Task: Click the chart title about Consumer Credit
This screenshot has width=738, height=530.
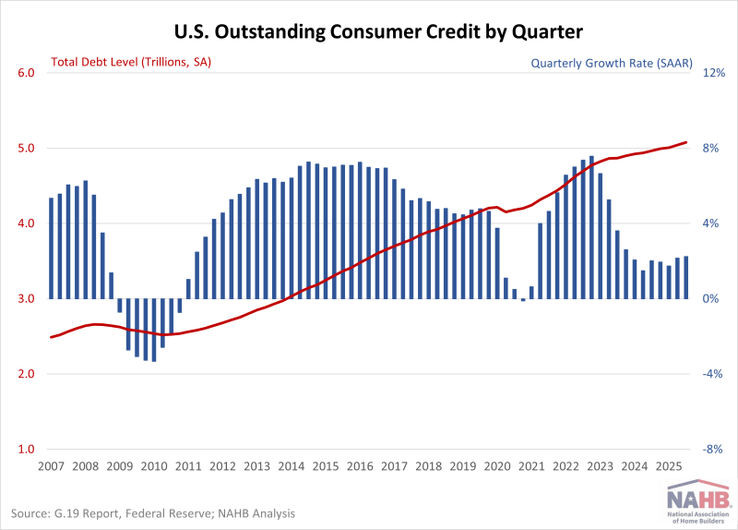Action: [378, 32]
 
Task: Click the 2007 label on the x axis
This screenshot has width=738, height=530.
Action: [51, 466]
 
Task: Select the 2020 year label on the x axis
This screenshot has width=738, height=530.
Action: [496, 466]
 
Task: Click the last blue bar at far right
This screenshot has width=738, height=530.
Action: [686, 278]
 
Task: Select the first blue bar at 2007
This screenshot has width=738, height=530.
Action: [52, 248]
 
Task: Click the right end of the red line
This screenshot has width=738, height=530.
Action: [686, 142]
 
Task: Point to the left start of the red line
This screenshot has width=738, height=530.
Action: [51, 337]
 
